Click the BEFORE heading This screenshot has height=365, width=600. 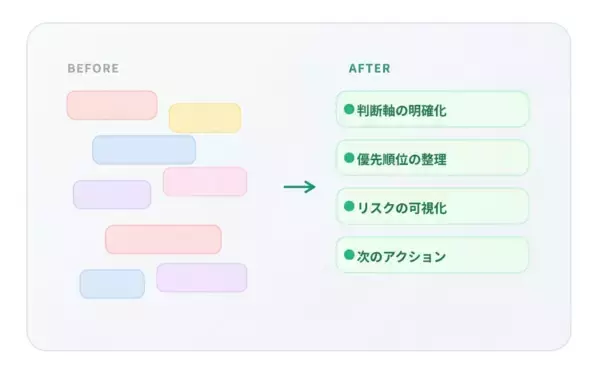93,69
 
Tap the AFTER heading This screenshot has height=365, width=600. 369,69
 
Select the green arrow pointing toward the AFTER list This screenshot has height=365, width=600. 299,187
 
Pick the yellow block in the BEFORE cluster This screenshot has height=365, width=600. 204,118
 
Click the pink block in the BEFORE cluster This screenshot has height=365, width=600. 204,181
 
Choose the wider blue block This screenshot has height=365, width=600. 144,150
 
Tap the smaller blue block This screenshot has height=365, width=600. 112,283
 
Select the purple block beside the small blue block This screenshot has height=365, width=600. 201,277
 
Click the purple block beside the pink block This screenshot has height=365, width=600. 112,194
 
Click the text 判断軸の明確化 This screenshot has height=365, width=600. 401,110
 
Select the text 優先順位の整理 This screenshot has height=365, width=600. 401,159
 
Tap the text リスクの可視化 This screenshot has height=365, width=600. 401,208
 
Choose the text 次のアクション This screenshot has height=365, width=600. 401,256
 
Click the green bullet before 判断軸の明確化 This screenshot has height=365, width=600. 349,109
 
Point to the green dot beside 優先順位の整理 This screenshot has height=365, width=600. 349,158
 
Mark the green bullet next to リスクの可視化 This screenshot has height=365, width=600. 349,207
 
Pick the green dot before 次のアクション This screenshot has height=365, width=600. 349,255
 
